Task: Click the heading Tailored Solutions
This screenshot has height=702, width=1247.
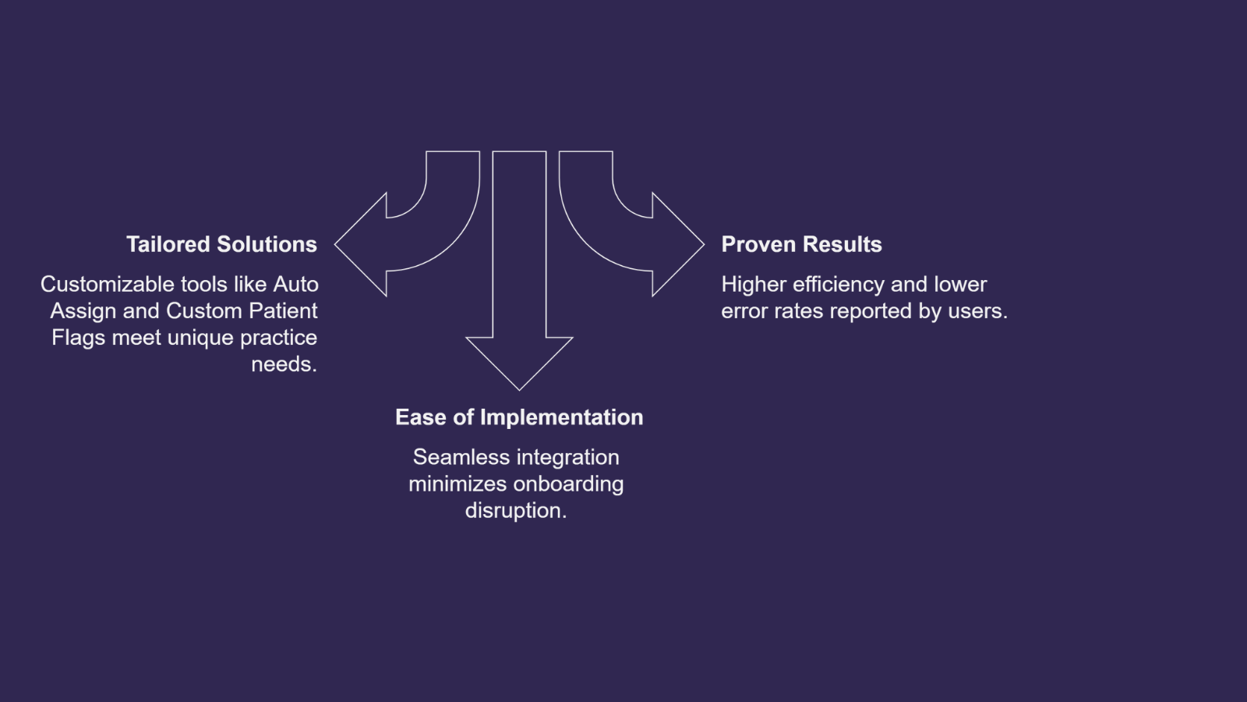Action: (x=221, y=244)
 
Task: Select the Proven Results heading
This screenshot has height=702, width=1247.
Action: (x=801, y=244)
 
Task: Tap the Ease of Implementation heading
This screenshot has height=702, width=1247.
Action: (x=519, y=417)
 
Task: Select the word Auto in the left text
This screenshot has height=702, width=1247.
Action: (x=295, y=284)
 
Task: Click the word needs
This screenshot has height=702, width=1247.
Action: (x=283, y=363)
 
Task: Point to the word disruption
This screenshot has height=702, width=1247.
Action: (x=515, y=510)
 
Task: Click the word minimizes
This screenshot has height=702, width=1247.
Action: (x=457, y=484)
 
